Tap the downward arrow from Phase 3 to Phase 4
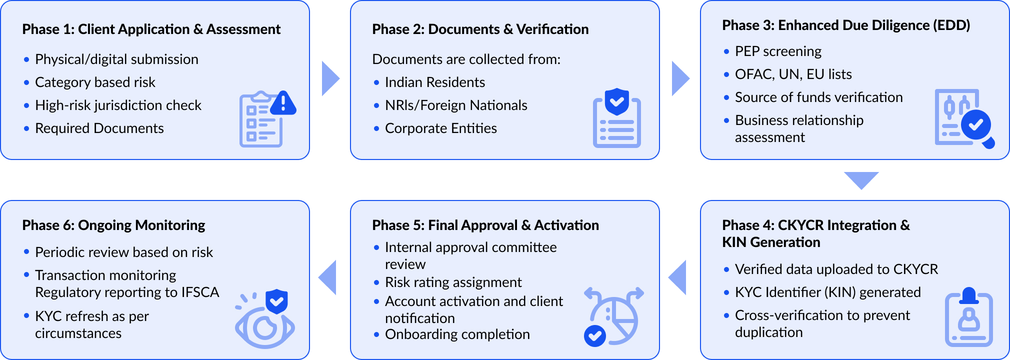click(861, 179)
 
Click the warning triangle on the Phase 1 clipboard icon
click(283, 103)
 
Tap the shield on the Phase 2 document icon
click(616, 101)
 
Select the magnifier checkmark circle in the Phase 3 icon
click(976, 125)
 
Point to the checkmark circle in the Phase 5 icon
click(595, 335)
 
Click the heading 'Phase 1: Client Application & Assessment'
click(151, 29)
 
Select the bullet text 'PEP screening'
click(778, 51)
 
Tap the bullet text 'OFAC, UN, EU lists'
click(793, 74)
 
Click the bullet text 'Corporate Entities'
click(440, 128)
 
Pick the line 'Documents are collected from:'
click(466, 59)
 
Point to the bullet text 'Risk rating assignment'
click(453, 282)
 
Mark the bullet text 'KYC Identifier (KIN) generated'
click(827, 292)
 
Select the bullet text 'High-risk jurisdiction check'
click(118, 105)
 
